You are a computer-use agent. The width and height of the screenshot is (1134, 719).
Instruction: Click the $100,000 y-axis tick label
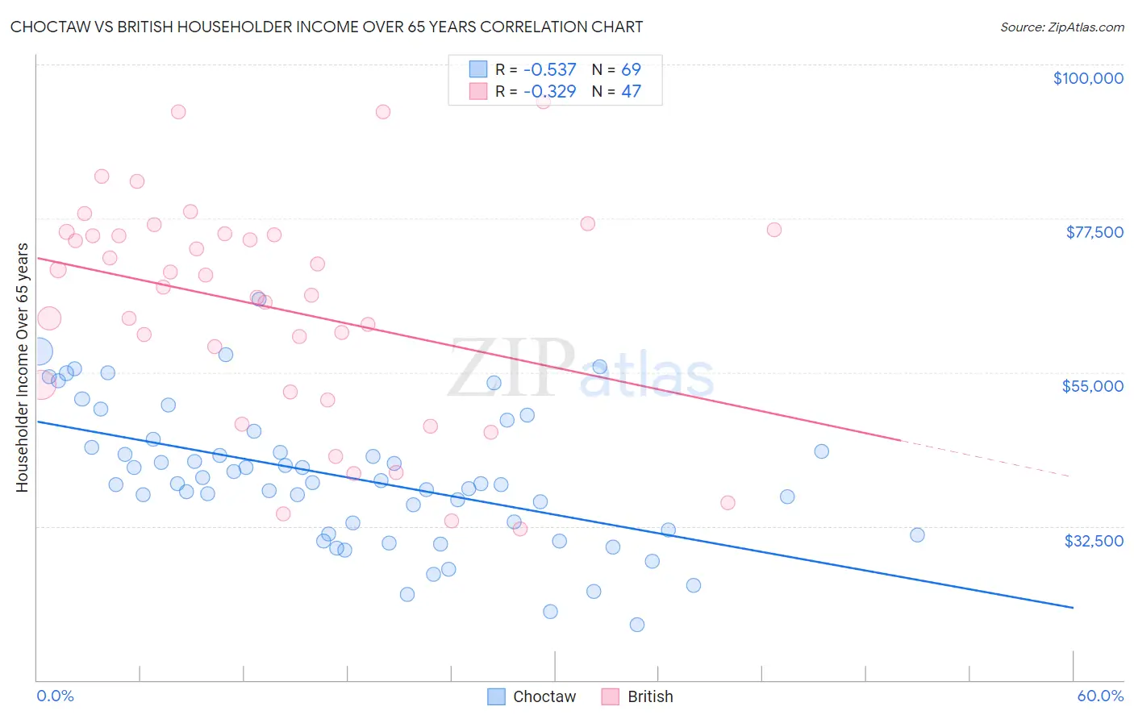1087,78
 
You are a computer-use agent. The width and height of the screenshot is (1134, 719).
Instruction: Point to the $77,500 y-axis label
1094,232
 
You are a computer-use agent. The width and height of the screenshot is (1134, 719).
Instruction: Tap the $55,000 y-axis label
1092,386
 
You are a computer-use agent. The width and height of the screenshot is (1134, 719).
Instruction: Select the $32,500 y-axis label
1093,541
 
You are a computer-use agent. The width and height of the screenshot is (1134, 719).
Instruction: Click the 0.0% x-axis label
55,696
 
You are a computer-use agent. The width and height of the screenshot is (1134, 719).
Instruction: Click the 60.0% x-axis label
1099,696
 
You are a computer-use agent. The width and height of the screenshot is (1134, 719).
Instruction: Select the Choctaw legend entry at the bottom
532,696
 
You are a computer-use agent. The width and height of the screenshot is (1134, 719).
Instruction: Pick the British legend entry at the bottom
638,696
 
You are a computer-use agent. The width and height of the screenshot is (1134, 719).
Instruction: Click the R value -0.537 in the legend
549,69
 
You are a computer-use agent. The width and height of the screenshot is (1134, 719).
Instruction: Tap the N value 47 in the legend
631,91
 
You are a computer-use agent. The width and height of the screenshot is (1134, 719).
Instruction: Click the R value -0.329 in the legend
549,91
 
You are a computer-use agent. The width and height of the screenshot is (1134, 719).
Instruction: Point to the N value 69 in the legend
631,69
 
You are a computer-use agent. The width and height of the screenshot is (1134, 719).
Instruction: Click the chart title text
327,27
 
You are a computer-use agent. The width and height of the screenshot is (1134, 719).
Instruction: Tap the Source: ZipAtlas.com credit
1061,27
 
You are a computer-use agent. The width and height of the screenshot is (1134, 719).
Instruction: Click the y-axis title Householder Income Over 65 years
22,367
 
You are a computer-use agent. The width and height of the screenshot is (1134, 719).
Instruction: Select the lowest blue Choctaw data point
637,625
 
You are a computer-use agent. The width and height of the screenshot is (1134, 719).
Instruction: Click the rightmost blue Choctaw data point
917,535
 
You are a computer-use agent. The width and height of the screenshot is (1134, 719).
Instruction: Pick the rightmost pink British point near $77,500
774,230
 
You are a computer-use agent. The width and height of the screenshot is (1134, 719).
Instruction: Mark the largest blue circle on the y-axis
38,352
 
